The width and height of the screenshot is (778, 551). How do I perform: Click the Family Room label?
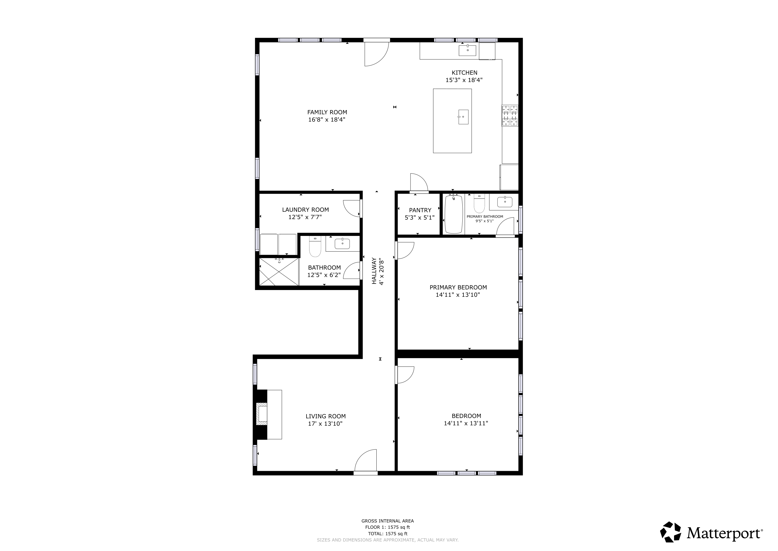pyautogui.click(x=327, y=112)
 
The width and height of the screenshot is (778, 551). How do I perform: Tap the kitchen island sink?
pyautogui.click(x=463, y=117)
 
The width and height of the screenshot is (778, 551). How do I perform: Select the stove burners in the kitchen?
pyautogui.click(x=510, y=115)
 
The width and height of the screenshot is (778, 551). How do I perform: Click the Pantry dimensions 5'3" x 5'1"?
pyautogui.click(x=420, y=218)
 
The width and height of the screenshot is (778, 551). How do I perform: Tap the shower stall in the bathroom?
pyautogui.click(x=279, y=271)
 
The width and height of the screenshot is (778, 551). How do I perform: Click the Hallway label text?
pyautogui.click(x=374, y=271)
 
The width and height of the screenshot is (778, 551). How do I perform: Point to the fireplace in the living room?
pyautogui.click(x=262, y=414)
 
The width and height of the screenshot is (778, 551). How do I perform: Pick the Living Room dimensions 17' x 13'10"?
pyautogui.click(x=325, y=424)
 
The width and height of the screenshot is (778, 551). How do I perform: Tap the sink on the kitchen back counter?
pyautogui.click(x=468, y=50)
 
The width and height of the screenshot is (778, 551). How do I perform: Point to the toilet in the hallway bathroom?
pyautogui.click(x=315, y=247)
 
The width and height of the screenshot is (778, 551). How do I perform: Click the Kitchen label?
pyautogui.click(x=464, y=73)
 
